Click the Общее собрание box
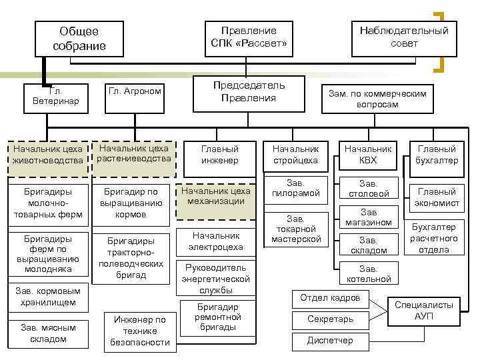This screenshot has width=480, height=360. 79,39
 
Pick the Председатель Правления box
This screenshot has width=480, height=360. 249,92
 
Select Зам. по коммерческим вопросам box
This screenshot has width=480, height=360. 377,99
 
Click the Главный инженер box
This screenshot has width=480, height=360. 221,155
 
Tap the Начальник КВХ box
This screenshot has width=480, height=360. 368,155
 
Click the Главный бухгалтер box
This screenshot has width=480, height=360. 437,155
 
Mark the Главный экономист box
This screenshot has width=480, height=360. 437,197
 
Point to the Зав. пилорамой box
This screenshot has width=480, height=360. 295,189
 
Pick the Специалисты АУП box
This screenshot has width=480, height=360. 423,310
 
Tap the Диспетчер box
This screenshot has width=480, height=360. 331,341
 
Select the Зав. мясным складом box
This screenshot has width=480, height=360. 49,333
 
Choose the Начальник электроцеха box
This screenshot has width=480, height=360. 215,241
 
